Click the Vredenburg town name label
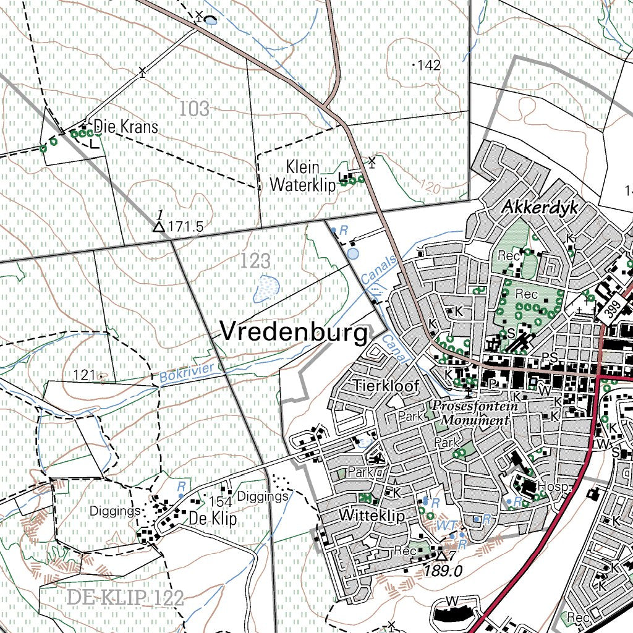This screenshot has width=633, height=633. [294, 333]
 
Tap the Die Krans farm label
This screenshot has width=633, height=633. [125, 127]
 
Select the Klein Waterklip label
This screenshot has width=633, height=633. [302, 176]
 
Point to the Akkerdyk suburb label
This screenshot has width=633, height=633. [540, 208]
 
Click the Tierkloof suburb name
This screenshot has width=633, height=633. [386, 386]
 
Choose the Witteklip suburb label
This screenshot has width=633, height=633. [371, 516]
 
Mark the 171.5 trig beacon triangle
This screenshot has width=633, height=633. [159, 227]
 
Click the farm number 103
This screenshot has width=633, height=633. [195, 109]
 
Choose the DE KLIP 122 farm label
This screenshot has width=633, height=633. [125, 598]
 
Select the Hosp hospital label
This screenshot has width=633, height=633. [552, 487]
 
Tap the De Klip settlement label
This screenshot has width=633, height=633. [213, 519]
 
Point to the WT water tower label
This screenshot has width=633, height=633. [445, 525]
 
